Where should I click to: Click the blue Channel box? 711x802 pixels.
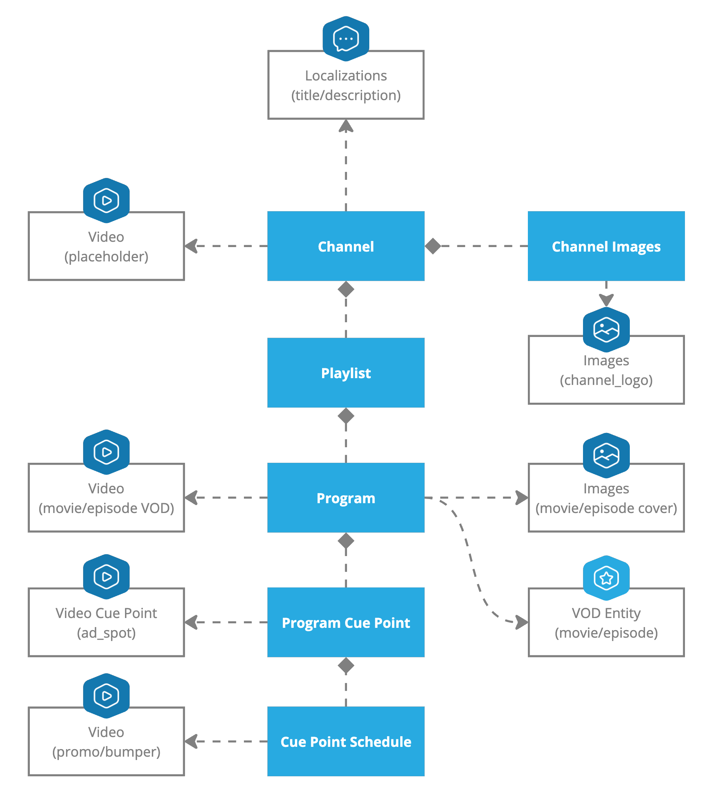[x=345, y=246]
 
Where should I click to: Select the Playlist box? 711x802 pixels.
[x=345, y=372]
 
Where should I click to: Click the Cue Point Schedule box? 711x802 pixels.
[x=345, y=741]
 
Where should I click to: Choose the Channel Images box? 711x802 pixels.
[x=606, y=246]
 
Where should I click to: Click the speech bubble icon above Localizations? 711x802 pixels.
[x=345, y=39]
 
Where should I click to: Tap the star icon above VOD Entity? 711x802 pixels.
[x=606, y=578]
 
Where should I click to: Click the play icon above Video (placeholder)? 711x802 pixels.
[x=106, y=201]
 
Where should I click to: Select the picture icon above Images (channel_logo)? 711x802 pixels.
[x=606, y=329]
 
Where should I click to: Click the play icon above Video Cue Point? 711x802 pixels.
[x=106, y=576]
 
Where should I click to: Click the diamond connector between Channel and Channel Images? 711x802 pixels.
[x=433, y=246]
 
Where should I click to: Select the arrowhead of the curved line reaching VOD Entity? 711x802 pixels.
[x=521, y=622]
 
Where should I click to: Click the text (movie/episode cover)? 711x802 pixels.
[x=606, y=508]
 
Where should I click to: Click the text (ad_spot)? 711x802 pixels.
[x=106, y=633]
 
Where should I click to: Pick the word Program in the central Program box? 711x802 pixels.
[x=345, y=498]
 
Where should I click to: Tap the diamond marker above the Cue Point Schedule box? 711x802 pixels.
[x=345, y=666]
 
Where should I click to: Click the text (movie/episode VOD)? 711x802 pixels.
[x=106, y=508]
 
